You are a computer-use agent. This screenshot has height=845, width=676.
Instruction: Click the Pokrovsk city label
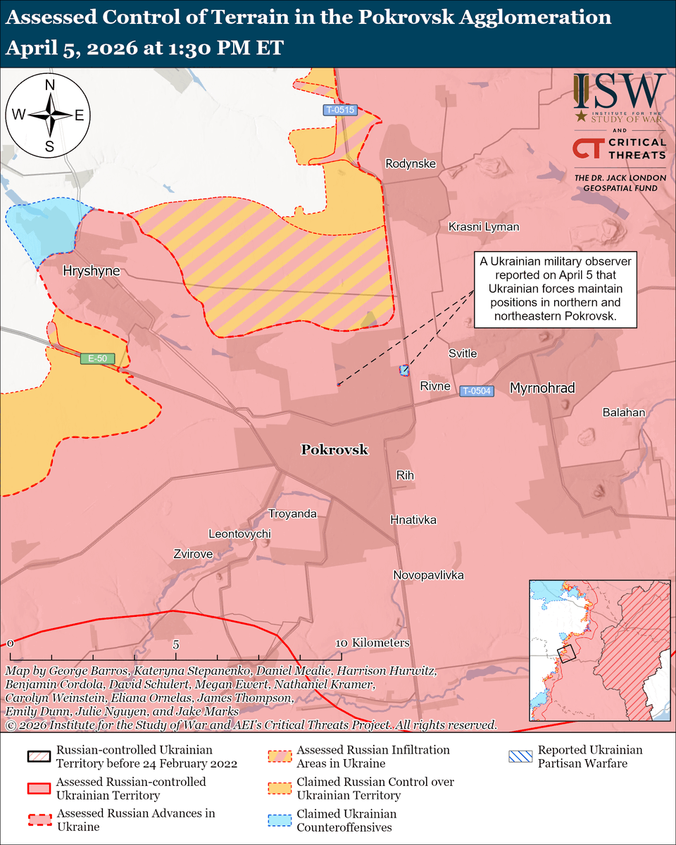(x=334, y=450)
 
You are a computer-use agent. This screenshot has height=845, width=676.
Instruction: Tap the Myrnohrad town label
(x=542, y=388)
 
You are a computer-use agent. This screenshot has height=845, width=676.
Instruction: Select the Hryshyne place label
(x=91, y=270)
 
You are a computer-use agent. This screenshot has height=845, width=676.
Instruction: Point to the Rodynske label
(x=411, y=164)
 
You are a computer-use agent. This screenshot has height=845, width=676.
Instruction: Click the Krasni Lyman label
(x=484, y=227)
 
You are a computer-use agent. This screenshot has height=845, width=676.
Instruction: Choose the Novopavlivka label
(x=428, y=575)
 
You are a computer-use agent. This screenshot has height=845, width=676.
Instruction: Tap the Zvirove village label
(x=193, y=554)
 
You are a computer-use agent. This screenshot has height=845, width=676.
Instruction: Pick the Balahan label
(x=623, y=413)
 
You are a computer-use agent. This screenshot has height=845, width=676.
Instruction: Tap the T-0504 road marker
(x=477, y=391)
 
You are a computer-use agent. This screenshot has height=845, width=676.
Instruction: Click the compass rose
(x=50, y=115)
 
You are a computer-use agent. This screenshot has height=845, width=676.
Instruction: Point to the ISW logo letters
(x=619, y=92)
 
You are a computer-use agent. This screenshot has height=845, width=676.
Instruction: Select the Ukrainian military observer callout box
(x=555, y=289)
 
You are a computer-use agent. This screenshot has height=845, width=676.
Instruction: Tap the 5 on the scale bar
(x=176, y=644)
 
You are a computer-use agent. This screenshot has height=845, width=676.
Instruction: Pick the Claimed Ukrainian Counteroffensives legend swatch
(x=280, y=819)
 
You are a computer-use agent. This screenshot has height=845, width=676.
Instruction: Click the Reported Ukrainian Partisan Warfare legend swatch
(x=520, y=757)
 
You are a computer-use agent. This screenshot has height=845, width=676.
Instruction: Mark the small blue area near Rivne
(x=404, y=370)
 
